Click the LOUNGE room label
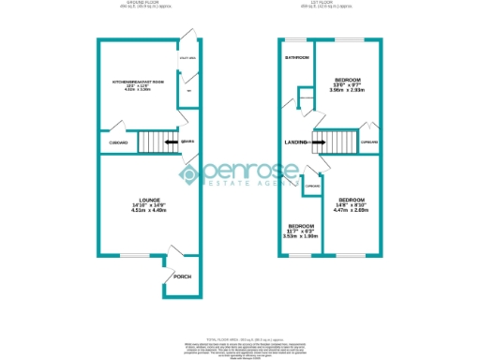click(148, 201)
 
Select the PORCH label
click(182, 277)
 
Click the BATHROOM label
click(297, 58)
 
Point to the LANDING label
click(295, 142)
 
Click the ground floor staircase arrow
click(172, 142)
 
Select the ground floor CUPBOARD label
click(118, 142)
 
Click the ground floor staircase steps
click(152, 142)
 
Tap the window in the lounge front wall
click(138, 253)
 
